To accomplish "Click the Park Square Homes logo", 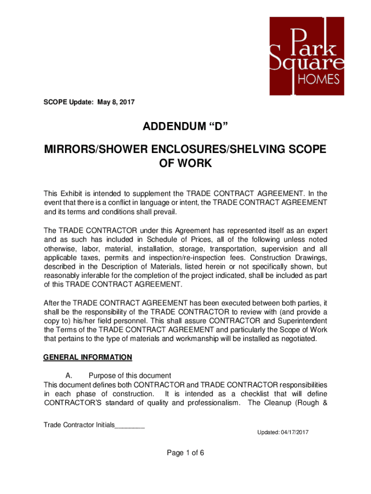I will (306, 56).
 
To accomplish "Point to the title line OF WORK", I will (185, 164).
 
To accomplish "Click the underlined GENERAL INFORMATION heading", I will (87, 357).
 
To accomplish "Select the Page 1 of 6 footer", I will (185, 453).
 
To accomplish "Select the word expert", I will (317, 230).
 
